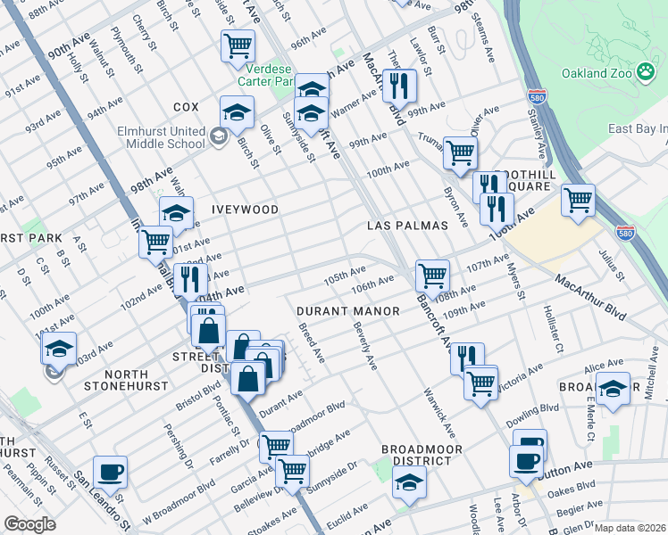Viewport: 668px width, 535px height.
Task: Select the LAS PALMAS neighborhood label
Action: pos(407,226)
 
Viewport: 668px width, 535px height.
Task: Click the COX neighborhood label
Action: pos(186,107)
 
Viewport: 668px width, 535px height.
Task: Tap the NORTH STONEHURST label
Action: pos(126,380)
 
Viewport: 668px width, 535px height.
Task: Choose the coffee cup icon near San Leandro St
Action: pos(110,471)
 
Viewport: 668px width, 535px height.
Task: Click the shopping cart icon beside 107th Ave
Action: pos(432,275)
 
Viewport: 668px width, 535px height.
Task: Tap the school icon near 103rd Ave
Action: pos(59,348)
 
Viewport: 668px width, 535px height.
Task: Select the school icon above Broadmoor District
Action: pos(409,481)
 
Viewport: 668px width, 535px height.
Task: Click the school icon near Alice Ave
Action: pos(613,388)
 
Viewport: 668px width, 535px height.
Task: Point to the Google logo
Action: pos(29,524)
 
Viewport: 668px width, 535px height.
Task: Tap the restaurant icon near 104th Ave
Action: pos(189,280)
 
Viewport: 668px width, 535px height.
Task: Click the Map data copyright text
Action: pos(630,528)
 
